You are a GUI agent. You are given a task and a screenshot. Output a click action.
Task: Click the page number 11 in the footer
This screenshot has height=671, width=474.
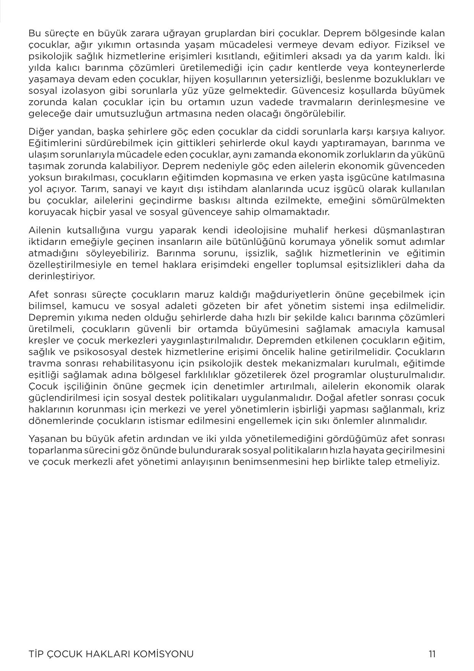432,654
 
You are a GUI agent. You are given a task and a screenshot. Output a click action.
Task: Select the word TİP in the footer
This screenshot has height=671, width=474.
36,654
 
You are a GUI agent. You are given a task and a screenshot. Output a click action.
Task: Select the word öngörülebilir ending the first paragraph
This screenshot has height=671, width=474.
313,114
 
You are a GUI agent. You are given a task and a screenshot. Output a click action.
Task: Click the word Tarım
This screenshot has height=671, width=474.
93,189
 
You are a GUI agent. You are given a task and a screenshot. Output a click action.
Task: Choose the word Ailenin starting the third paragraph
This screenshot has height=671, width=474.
45,230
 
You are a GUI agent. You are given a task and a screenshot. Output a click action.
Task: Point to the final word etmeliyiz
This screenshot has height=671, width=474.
421,462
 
